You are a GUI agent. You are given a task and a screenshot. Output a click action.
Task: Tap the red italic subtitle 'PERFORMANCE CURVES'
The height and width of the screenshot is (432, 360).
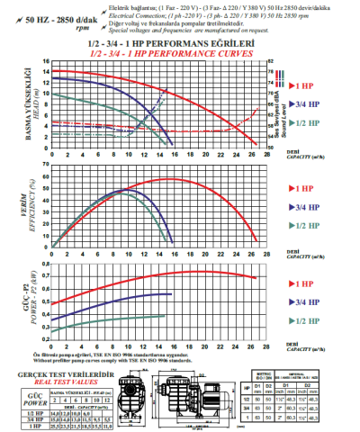pos(181,53)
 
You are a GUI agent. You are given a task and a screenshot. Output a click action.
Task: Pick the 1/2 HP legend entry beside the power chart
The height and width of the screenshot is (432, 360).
pos(301,321)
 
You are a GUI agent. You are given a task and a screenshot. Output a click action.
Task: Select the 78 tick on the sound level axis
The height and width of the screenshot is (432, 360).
pos(271,62)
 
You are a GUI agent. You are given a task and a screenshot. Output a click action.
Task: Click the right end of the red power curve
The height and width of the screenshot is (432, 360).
pos(256,277)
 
